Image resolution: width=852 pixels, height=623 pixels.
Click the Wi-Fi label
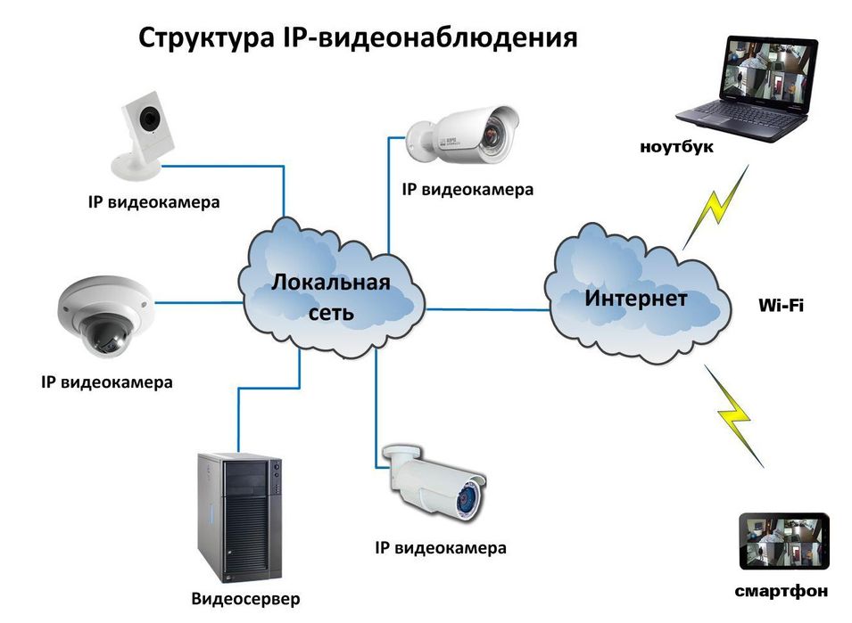[781, 306]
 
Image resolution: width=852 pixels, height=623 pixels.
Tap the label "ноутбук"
[676, 148]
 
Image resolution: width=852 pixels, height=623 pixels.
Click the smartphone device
[783, 542]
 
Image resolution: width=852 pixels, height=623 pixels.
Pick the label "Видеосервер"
[245, 597]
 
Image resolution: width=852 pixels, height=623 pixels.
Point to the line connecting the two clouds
[486, 309]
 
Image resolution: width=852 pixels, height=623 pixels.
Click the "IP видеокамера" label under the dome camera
[106, 383]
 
